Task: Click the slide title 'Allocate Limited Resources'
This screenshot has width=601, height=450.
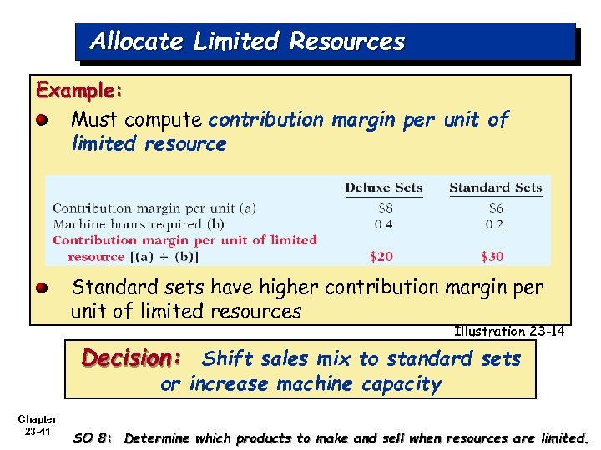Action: (x=247, y=41)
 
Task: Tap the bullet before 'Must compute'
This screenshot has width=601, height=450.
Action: (x=41, y=121)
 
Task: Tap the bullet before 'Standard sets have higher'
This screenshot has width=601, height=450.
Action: (x=41, y=287)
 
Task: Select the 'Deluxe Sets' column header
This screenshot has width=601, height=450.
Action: (x=383, y=187)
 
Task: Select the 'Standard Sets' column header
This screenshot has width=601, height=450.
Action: (x=495, y=187)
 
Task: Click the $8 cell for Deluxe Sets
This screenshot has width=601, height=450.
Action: (x=383, y=208)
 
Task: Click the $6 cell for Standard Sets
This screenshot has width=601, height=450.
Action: (x=495, y=208)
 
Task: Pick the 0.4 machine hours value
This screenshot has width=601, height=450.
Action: (x=383, y=224)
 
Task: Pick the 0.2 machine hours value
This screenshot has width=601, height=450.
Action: (x=495, y=224)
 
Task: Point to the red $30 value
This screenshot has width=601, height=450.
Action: (x=492, y=256)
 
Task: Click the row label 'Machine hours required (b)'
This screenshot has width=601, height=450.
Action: (x=138, y=224)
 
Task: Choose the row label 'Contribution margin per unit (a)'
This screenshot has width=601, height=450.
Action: (x=154, y=208)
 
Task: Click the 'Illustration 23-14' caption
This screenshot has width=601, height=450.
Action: (x=508, y=332)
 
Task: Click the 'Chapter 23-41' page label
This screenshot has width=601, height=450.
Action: (x=38, y=425)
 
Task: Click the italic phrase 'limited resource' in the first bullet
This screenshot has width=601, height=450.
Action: (x=149, y=144)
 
